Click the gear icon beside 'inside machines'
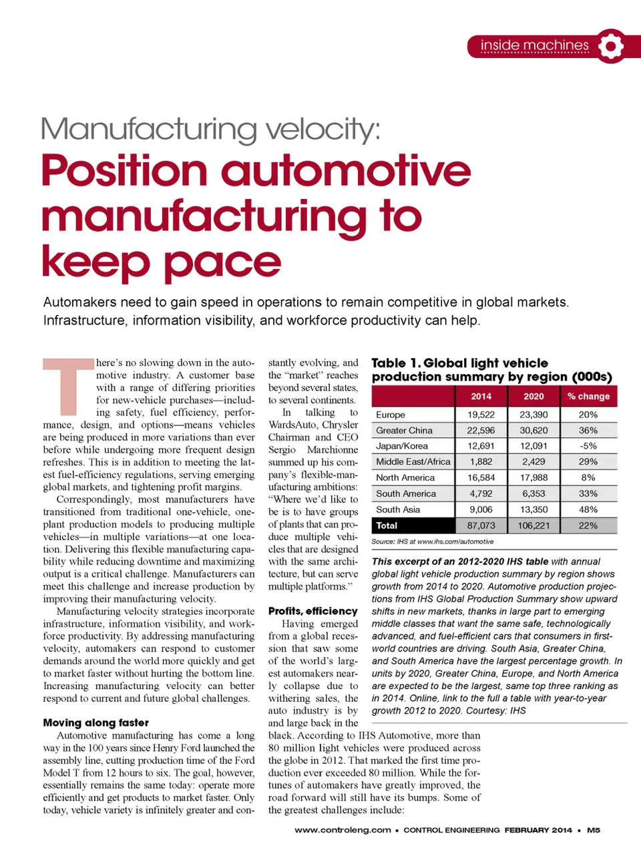pos(610,46)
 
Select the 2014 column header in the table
pos(481,396)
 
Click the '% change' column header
pos(588,396)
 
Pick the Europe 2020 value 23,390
pos(533,415)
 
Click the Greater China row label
pos(404,431)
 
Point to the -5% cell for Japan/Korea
pos(588,446)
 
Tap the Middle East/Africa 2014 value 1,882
pos(481,461)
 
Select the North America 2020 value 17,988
pos(533,477)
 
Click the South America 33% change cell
pos(588,493)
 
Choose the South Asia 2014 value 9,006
pos(481,509)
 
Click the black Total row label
pos(387,525)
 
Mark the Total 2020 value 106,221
pos(533,525)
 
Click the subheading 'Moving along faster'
pos(96,722)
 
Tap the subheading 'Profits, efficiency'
pos(313,611)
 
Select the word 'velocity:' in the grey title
pos(323,128)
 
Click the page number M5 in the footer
pos(594,830)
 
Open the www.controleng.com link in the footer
pos(343,830)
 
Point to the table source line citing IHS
pos(433,542)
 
